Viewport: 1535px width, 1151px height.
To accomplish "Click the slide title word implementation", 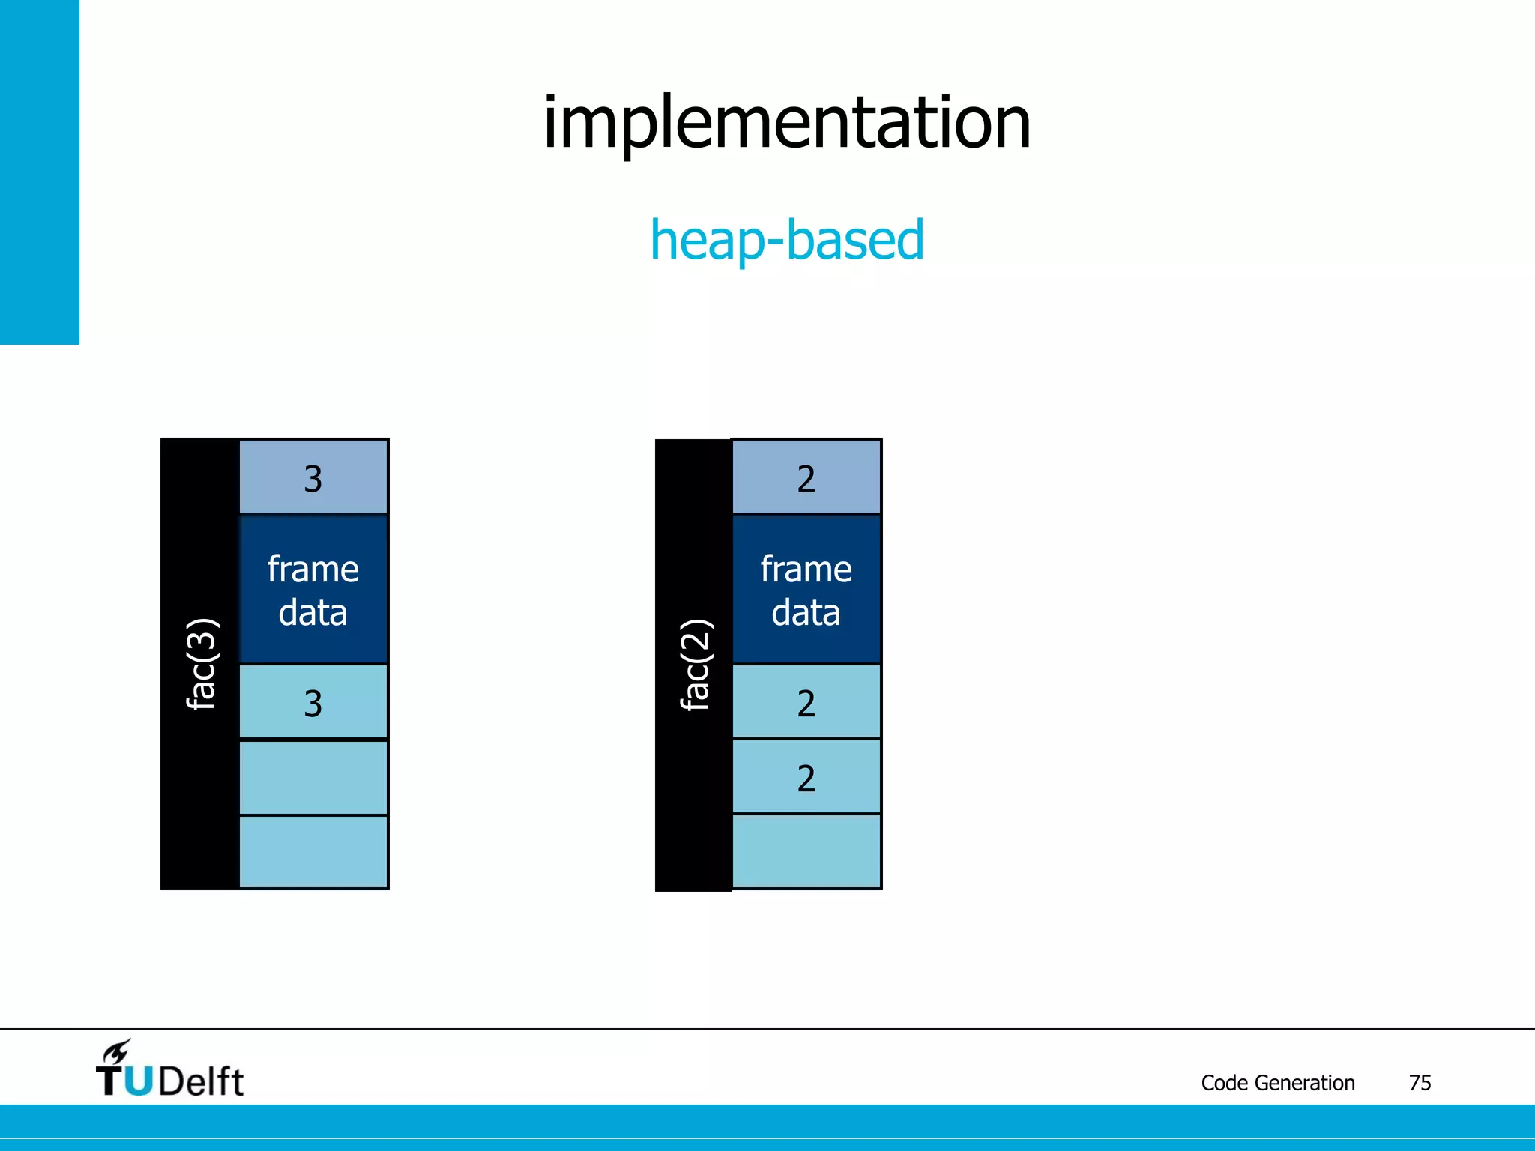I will [x=786, y=123].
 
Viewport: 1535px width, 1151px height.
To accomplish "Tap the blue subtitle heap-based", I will [x=787, y=240].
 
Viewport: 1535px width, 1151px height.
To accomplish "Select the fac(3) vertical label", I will [x=201, y=664].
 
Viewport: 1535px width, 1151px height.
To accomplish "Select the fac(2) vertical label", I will [x=694, y=664].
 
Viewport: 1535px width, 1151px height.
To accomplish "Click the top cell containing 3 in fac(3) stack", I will [x=313, y=477].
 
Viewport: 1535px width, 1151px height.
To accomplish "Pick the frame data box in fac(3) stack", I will [x=313, y=590].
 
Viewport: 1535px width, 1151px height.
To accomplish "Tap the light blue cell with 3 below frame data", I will [x=313, y=703].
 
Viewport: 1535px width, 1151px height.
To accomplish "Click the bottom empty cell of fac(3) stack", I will [x=313, y=852].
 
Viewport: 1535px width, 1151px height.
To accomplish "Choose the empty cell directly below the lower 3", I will [x=313, y=778].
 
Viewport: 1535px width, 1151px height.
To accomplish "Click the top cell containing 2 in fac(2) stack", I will [x=806, y=477].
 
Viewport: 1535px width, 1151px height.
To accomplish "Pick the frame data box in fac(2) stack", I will [x=806, y=590].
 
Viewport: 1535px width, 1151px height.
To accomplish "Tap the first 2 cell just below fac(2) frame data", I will [x=806, y=703].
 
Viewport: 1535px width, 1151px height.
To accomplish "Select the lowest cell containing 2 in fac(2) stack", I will [x=806, y=778].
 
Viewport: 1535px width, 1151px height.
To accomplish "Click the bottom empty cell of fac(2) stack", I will [x=806, y=852].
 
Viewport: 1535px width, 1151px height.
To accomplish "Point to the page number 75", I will [x=1420, y=1083].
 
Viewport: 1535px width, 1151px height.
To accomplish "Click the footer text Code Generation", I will [x=1278, y=1083].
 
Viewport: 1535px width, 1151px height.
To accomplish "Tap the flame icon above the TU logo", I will [x=117, y=1051].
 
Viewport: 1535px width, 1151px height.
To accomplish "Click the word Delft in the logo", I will [x=201, y=1081].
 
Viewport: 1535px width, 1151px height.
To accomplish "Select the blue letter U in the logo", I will [x=139, y=1081].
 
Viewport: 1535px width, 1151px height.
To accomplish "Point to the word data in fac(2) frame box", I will [x=806, y=613].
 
